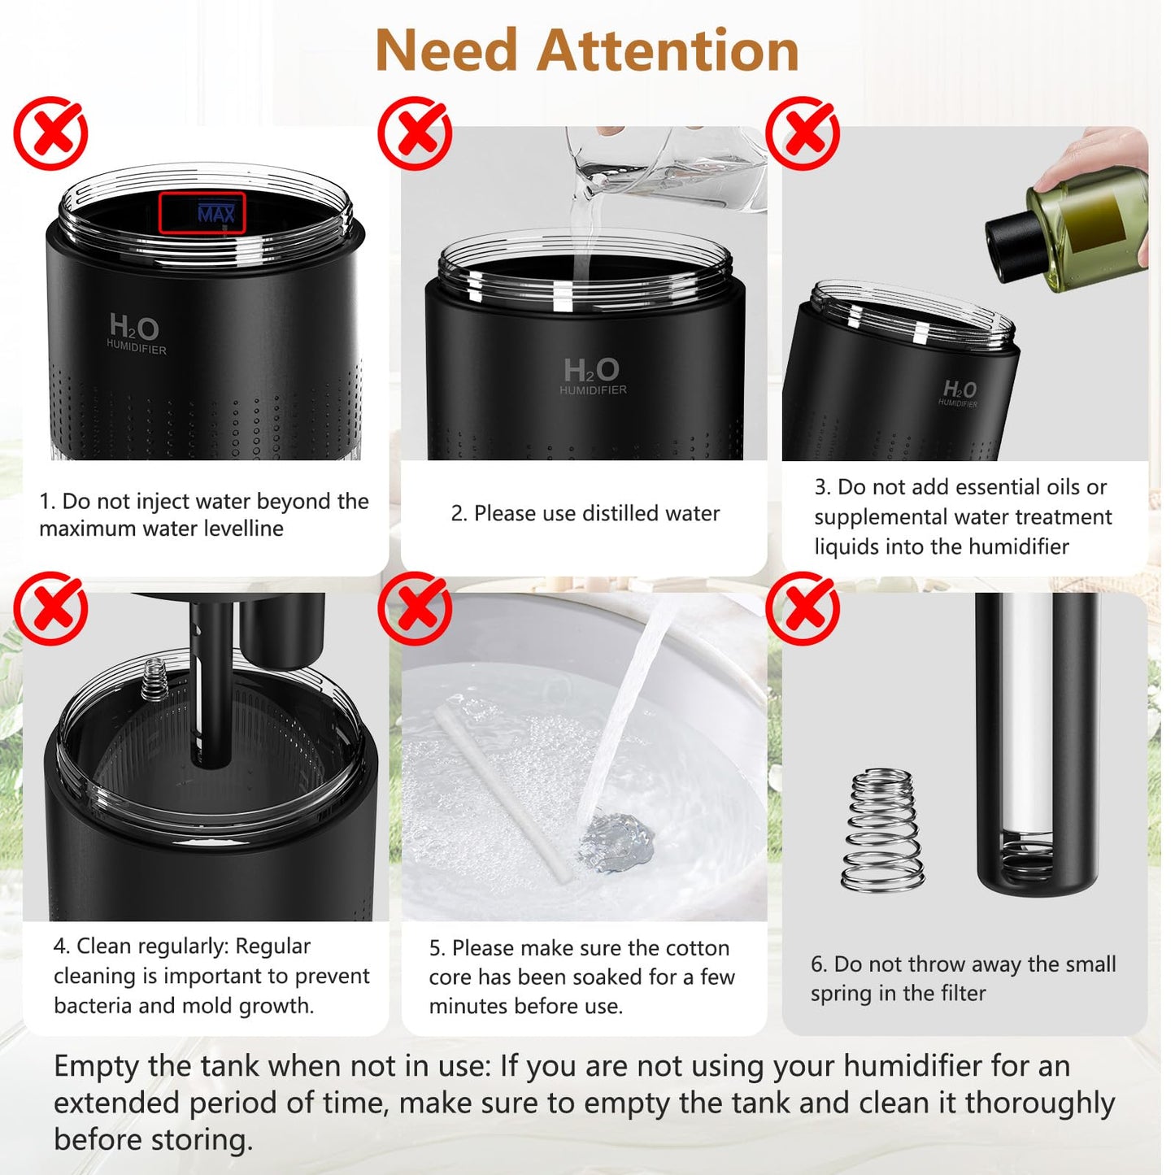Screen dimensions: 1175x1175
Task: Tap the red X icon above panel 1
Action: point(50,133)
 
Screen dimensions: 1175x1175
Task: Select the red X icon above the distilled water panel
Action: point(415,133)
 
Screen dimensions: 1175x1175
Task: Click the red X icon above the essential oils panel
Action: point(803,133)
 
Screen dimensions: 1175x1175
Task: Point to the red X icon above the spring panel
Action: point(803,608)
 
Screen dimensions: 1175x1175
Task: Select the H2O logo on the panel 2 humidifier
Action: point(592,372)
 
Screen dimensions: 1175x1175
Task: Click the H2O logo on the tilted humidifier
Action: point(960,389)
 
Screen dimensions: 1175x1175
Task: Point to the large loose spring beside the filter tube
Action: point(882,829)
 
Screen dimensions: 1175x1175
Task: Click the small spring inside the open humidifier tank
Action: point(154,680)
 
